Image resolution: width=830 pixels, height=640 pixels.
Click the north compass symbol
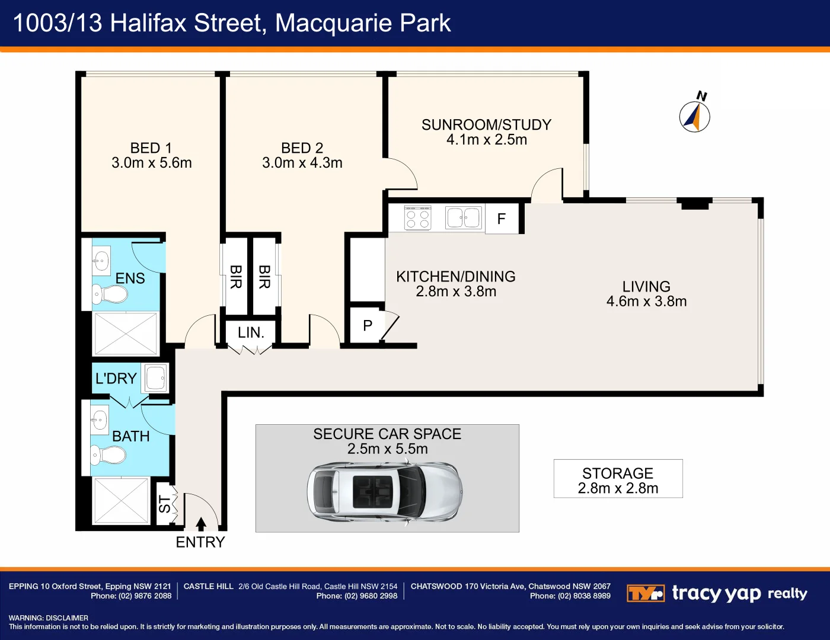point(695,116)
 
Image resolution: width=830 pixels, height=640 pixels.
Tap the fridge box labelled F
point(502,219)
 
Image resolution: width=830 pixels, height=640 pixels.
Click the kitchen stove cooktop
point(417,217)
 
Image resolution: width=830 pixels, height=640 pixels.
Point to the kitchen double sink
point(463,217)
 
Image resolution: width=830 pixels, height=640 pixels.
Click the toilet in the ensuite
point(110,293)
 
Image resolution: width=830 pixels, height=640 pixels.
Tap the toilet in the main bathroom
point(109,455)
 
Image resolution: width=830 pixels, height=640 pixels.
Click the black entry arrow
point(201,524)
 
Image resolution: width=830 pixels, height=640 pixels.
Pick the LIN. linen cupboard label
point(251,333)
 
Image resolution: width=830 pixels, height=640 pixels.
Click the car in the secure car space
point(384,492)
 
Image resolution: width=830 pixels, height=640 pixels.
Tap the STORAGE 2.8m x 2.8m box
point(618,479)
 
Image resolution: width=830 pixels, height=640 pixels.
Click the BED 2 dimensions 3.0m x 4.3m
point(302,163)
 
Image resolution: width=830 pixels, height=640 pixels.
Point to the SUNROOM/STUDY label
point(486,125)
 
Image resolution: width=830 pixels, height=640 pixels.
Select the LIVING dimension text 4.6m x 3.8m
point(646,302)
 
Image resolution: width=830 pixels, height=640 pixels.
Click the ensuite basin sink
point(101,260)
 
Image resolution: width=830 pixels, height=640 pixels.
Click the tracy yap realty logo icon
point(646,593)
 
